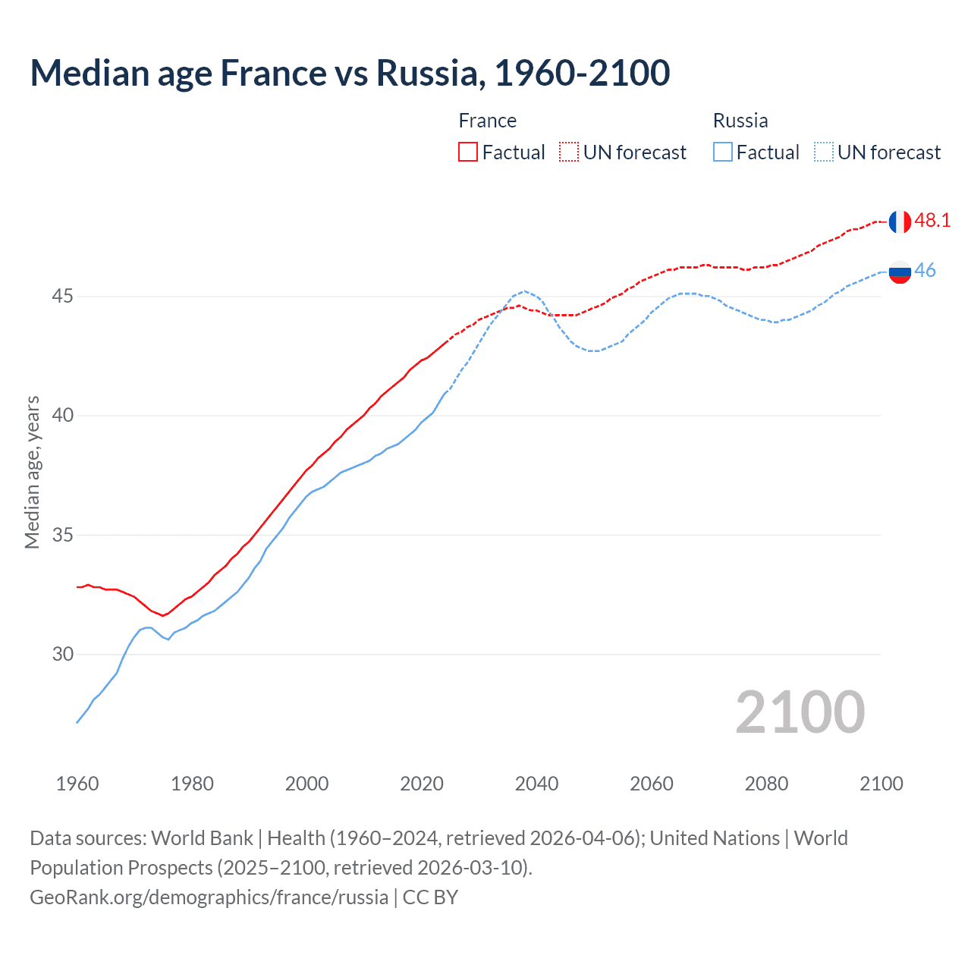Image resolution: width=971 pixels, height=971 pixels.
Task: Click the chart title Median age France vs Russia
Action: click(350, 73)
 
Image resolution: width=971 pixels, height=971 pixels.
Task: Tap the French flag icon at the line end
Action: click(900, 222)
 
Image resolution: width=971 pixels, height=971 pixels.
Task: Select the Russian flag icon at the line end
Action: click(900, 272)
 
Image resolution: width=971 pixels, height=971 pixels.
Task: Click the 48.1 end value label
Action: click(932, 221)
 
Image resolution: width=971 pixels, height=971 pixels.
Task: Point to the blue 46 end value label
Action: click(925, 271)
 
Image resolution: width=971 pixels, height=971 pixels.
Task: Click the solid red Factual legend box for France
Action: click(468, 152)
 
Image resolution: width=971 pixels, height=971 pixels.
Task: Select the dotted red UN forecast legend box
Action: click(569, 152)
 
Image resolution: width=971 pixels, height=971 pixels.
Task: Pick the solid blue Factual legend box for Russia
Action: click(723, 152)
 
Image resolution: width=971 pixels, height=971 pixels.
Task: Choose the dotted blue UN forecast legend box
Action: click(824, 152)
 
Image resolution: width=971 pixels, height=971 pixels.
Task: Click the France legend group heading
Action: click(487, 121)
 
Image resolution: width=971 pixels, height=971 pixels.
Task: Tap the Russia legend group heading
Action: click(740, 121)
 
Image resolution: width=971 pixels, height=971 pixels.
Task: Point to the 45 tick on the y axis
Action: click(62, 296)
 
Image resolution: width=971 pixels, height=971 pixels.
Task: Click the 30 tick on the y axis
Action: click(62, 654)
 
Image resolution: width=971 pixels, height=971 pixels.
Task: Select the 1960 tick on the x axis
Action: click(77, 784)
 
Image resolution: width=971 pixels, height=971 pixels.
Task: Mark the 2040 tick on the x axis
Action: click(536, 784)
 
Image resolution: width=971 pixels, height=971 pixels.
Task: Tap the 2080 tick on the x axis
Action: click(766, 784)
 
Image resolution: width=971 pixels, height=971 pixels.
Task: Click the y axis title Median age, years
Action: click(32, 472)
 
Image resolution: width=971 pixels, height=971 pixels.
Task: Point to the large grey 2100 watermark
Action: click(800, 712)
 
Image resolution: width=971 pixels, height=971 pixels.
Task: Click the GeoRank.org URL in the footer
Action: click(209, 897)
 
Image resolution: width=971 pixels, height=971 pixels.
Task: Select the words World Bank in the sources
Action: click(202, 838)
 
